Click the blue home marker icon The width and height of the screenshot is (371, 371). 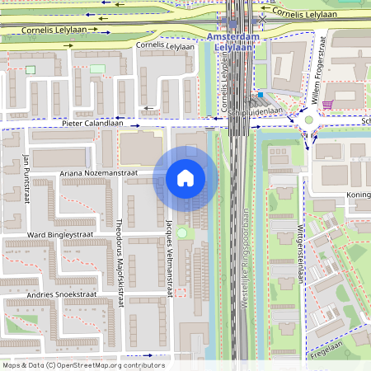185,178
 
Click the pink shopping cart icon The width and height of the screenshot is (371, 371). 327,105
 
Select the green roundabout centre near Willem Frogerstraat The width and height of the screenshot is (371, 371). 308,120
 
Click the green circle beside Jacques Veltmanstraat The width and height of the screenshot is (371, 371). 181,234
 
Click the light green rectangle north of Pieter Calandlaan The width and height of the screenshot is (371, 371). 97,68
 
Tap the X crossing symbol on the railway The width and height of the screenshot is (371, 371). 262,16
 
